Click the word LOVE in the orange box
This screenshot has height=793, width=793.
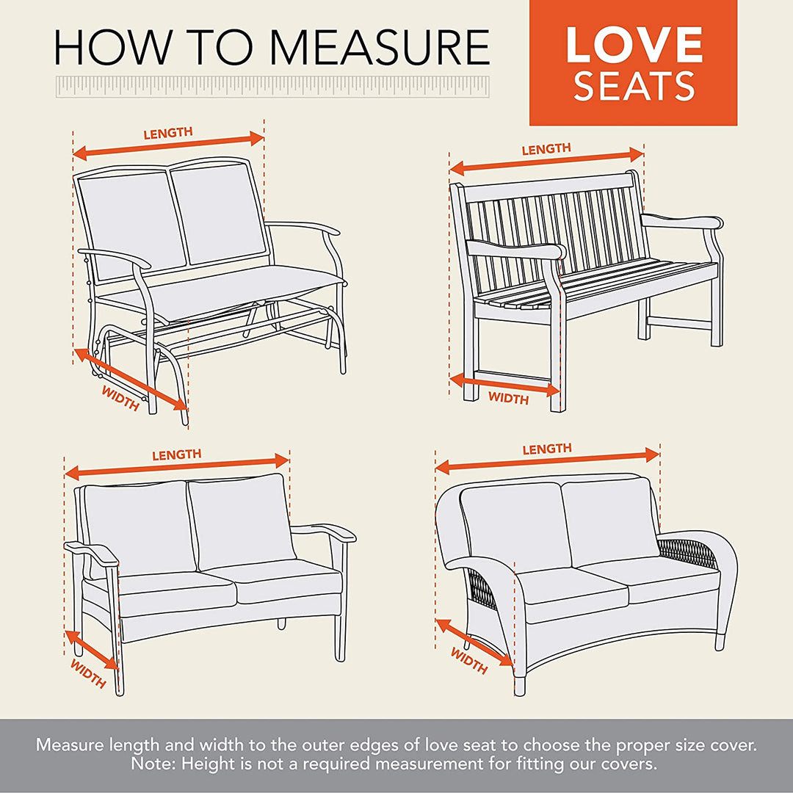click(634, 45)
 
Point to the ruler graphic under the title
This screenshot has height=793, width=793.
click(272, 85)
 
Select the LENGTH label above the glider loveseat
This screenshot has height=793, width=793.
click(168, 133)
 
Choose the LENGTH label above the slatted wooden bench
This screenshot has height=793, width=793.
click(546, 149)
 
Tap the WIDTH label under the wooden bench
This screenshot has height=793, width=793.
click(508, 399)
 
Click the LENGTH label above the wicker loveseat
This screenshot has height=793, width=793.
click(546, 449)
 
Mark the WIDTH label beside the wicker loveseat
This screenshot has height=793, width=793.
click(468, 660)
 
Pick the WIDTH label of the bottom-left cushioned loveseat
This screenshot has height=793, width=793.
click(88, 673)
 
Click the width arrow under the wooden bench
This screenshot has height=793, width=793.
click(505, 384)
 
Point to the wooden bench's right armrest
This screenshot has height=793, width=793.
click(681, 222)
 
